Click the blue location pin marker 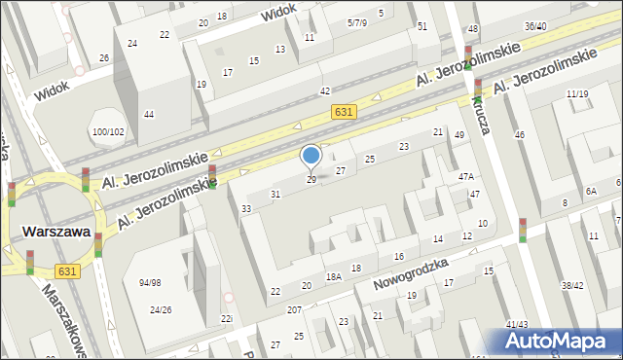tap(311, 156)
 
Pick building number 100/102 tap(108, 131)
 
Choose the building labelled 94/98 tap(151, 283)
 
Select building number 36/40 tap(534, 26)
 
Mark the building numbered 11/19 tap(576, 93)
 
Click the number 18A tap(334, 277)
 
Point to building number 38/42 tap(572, 286)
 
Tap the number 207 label tap(294, 309)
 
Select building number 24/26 tap(161, 310)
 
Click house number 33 tap(247, 209)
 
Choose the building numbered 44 tap(149, 115)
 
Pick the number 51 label tap(421, 26)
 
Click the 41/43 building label tap(517, 324)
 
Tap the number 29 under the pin tap(311, 180)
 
